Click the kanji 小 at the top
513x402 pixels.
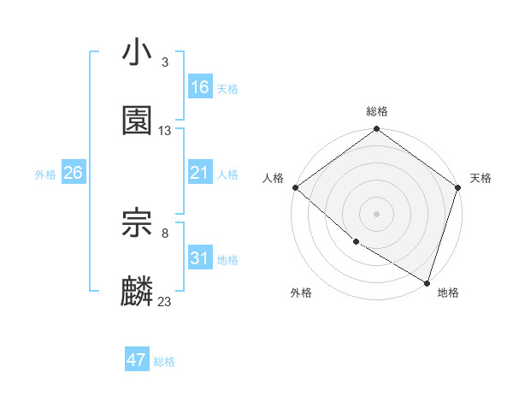point(138,54)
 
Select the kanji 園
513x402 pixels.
point(138,121)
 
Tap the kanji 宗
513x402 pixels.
point(138,222)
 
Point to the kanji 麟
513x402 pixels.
point(138,292)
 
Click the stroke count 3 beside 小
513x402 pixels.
point(164,62)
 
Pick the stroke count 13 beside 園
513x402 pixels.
point(165,131)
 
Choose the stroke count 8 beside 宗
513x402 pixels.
point(164,232)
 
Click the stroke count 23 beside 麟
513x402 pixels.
point(165,301)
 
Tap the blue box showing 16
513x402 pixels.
point(200,87)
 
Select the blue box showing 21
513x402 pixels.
point(200,173)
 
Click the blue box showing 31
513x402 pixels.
point(200,258)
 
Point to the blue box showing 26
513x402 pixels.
point(74,173)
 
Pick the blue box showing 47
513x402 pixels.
point(137,360)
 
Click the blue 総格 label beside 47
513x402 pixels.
point(164,362)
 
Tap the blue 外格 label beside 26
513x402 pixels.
point(45,174)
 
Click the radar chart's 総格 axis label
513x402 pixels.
point(377,111)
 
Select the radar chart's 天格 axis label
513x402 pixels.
point(481,178)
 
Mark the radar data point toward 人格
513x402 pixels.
point(295,187)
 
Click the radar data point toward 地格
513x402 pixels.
point(427,282)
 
